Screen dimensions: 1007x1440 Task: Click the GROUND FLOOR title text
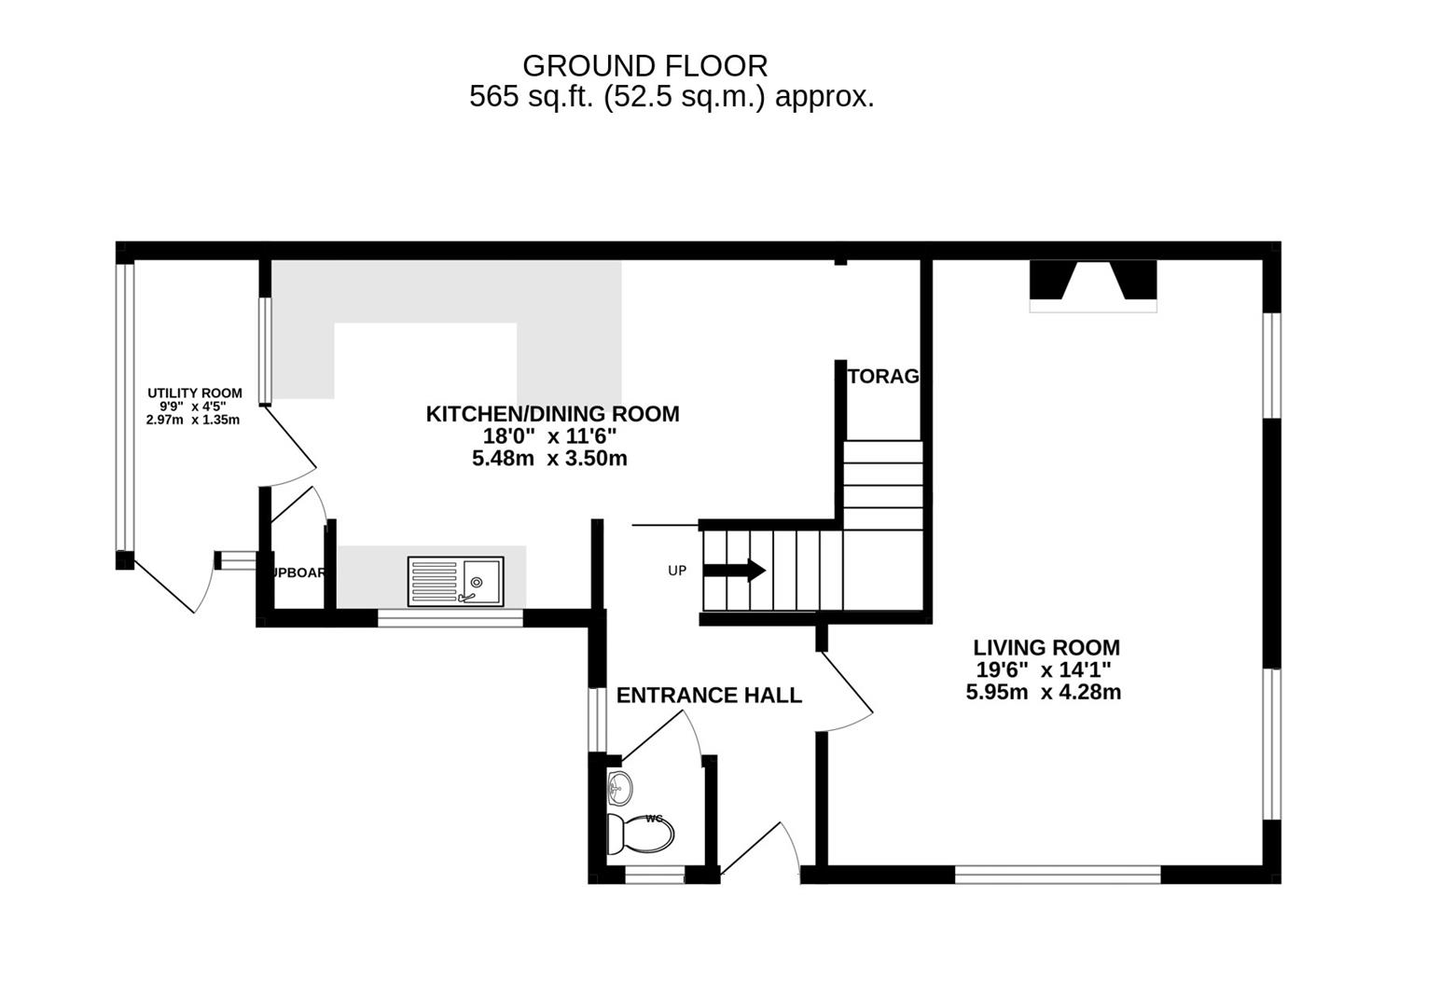(x=644, y=66)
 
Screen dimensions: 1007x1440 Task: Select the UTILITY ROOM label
(x=194, y=393)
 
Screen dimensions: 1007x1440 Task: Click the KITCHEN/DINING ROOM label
(x=552, y=414)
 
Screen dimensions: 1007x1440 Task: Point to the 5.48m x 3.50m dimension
(x=549, y=459)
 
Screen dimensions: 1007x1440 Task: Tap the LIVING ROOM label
(x=1046, y=647)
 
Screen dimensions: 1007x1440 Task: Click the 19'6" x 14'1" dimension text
(x=1043, y=669)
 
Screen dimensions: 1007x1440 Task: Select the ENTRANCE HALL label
(x=709, y=696)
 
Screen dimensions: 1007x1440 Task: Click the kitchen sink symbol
(x=455, y=582)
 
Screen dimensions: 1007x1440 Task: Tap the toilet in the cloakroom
(x=640, y=834)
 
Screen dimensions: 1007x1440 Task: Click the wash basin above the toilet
(x=618, y=789)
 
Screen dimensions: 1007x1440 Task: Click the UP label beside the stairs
(x=677, y=571)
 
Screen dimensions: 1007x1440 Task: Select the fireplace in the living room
(x=1093, y=285)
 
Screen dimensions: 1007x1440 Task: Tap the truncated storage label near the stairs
(x=882, y=377)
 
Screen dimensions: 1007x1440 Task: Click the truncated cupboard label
(x=298, y=572)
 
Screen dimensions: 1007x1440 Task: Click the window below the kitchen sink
(x=450, y=616)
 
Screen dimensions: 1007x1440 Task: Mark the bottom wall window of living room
(x=1058, y=874)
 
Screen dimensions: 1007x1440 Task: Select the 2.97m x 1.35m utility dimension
(x=193, y=421)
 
